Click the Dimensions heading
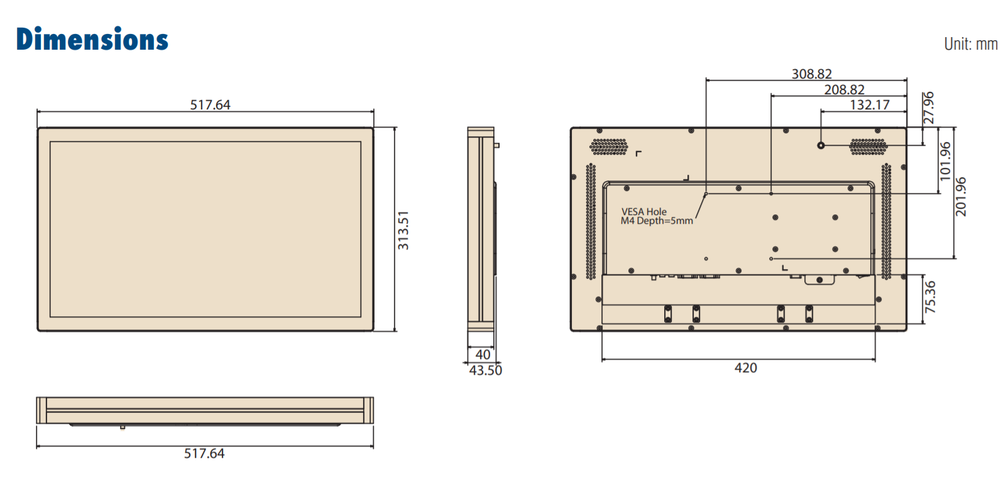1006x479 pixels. coord(92,38)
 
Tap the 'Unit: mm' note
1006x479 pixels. coord(971,44)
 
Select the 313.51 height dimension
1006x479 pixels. coord(403,230)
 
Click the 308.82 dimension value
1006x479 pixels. coord(812,74)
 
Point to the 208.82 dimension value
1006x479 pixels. coord(845,89)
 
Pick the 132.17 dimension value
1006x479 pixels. coord(870,105)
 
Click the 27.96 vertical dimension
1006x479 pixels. coord(928,108)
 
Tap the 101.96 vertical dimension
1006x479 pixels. coord(946,162)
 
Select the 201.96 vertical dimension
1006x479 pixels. coord(961,197)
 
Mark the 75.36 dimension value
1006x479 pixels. coord(930,297)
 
